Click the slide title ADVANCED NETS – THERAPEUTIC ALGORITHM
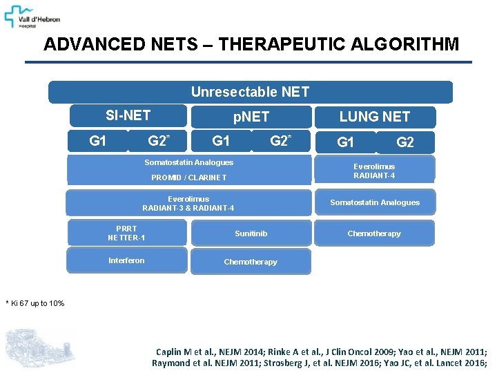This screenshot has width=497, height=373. pyautogui.click(x=251, y=45)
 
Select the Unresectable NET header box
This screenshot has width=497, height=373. pyautogui.click(x=250, y=92)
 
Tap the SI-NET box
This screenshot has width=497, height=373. pyautogui.click(x=128, y=115)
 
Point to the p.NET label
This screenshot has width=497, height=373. pyautogui.click(x=251, y=117)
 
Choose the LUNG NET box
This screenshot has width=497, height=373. pyautogui.click(x=375, y=117)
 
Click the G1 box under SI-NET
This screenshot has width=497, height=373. pyautogui.click(x=98, y=141)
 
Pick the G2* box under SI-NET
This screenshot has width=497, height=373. pyautogui.click(x=158, y=141)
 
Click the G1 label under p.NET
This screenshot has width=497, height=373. pyautogui.click(x=221, y=141)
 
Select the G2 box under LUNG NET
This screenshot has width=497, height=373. pyautogui.click(x=405, y=143)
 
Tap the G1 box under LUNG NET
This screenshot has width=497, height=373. pyautogui.click(x=345, y=143)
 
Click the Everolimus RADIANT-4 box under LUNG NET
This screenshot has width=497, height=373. pyautogui.click(x=374, y=171)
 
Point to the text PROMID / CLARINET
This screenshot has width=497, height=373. pyautogui.click(x=188, y=178)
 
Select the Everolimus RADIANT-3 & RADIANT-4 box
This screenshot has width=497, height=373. pyautogui.click(x=188, y=204)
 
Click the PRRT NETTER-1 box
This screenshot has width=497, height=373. pyautogui.click(x=127, y=233)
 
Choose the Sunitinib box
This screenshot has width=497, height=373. pyautogui.click(x=251, y=233)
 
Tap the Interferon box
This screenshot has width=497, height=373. pyautogui.click(x=127, y=260)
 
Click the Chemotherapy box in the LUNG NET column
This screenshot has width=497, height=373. pyautogui.click(x=374, y=233)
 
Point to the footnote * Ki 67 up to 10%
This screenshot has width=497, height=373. pyautogui.click(x=35, y=303)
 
